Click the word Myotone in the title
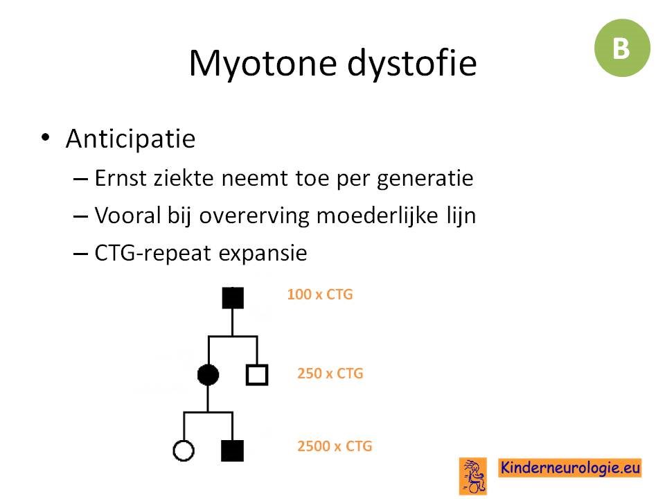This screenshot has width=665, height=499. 263,64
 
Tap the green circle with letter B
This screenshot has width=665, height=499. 622,48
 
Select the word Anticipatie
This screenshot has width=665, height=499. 131,139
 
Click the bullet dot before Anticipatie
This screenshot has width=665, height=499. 46,137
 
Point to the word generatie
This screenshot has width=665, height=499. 425,179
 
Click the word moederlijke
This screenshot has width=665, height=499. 378,216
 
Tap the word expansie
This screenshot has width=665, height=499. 263,254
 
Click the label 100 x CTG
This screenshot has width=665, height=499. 320,295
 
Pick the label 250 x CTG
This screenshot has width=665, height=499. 330,374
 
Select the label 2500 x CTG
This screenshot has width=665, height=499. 335,446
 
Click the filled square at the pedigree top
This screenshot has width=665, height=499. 233,298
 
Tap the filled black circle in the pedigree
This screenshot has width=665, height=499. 209,375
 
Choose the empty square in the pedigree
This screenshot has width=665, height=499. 257,375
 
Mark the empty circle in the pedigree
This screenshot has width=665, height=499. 184,450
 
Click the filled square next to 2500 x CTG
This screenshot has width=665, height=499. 233,450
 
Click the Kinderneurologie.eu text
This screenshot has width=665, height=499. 569,468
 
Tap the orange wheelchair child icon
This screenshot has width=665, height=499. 473,476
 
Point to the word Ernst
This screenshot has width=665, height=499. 121,178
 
